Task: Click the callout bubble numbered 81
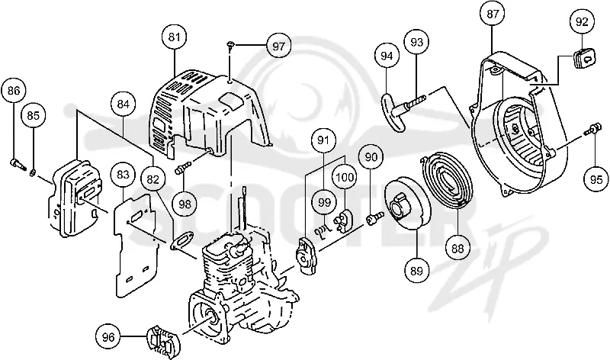click(x=175, y=37)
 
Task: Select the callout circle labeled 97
click(x=278, y=47)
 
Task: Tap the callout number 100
click(x=345, y=177)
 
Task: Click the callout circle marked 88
click(x=457, y=248)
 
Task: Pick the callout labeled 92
click(x=582, y=22)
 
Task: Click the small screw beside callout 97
click(x=231, y=46)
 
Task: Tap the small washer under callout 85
click(x=33, y=171)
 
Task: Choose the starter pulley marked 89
click(x=406, y=203)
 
